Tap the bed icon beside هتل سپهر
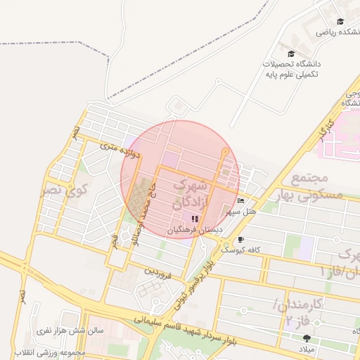[241, 201]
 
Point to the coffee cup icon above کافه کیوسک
[241, 240]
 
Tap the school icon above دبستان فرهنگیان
[195, 219]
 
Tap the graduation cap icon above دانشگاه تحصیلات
[291, 53]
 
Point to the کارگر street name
[326, 130]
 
